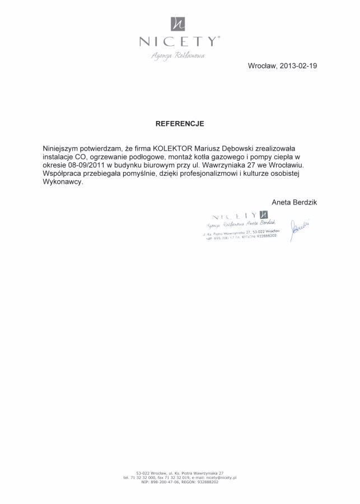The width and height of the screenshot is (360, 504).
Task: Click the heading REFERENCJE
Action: pyautogui.click(x=180, y=123)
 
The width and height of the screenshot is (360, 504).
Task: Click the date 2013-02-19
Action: pyautogui.click(x=298, y=66)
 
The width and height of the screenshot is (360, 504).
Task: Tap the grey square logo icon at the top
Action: pyautogui.click(x=178, y=24)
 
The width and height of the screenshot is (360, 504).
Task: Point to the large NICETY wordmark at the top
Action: pyautogui.click(x=179, y=41)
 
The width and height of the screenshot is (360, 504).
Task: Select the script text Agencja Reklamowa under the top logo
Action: pyautogui.click(x=178, y=55)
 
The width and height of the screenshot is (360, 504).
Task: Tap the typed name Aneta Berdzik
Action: pyautogui.click(x=294, y=202)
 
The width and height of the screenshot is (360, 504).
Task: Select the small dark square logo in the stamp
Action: pyautogui.click(x=264, y=215)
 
